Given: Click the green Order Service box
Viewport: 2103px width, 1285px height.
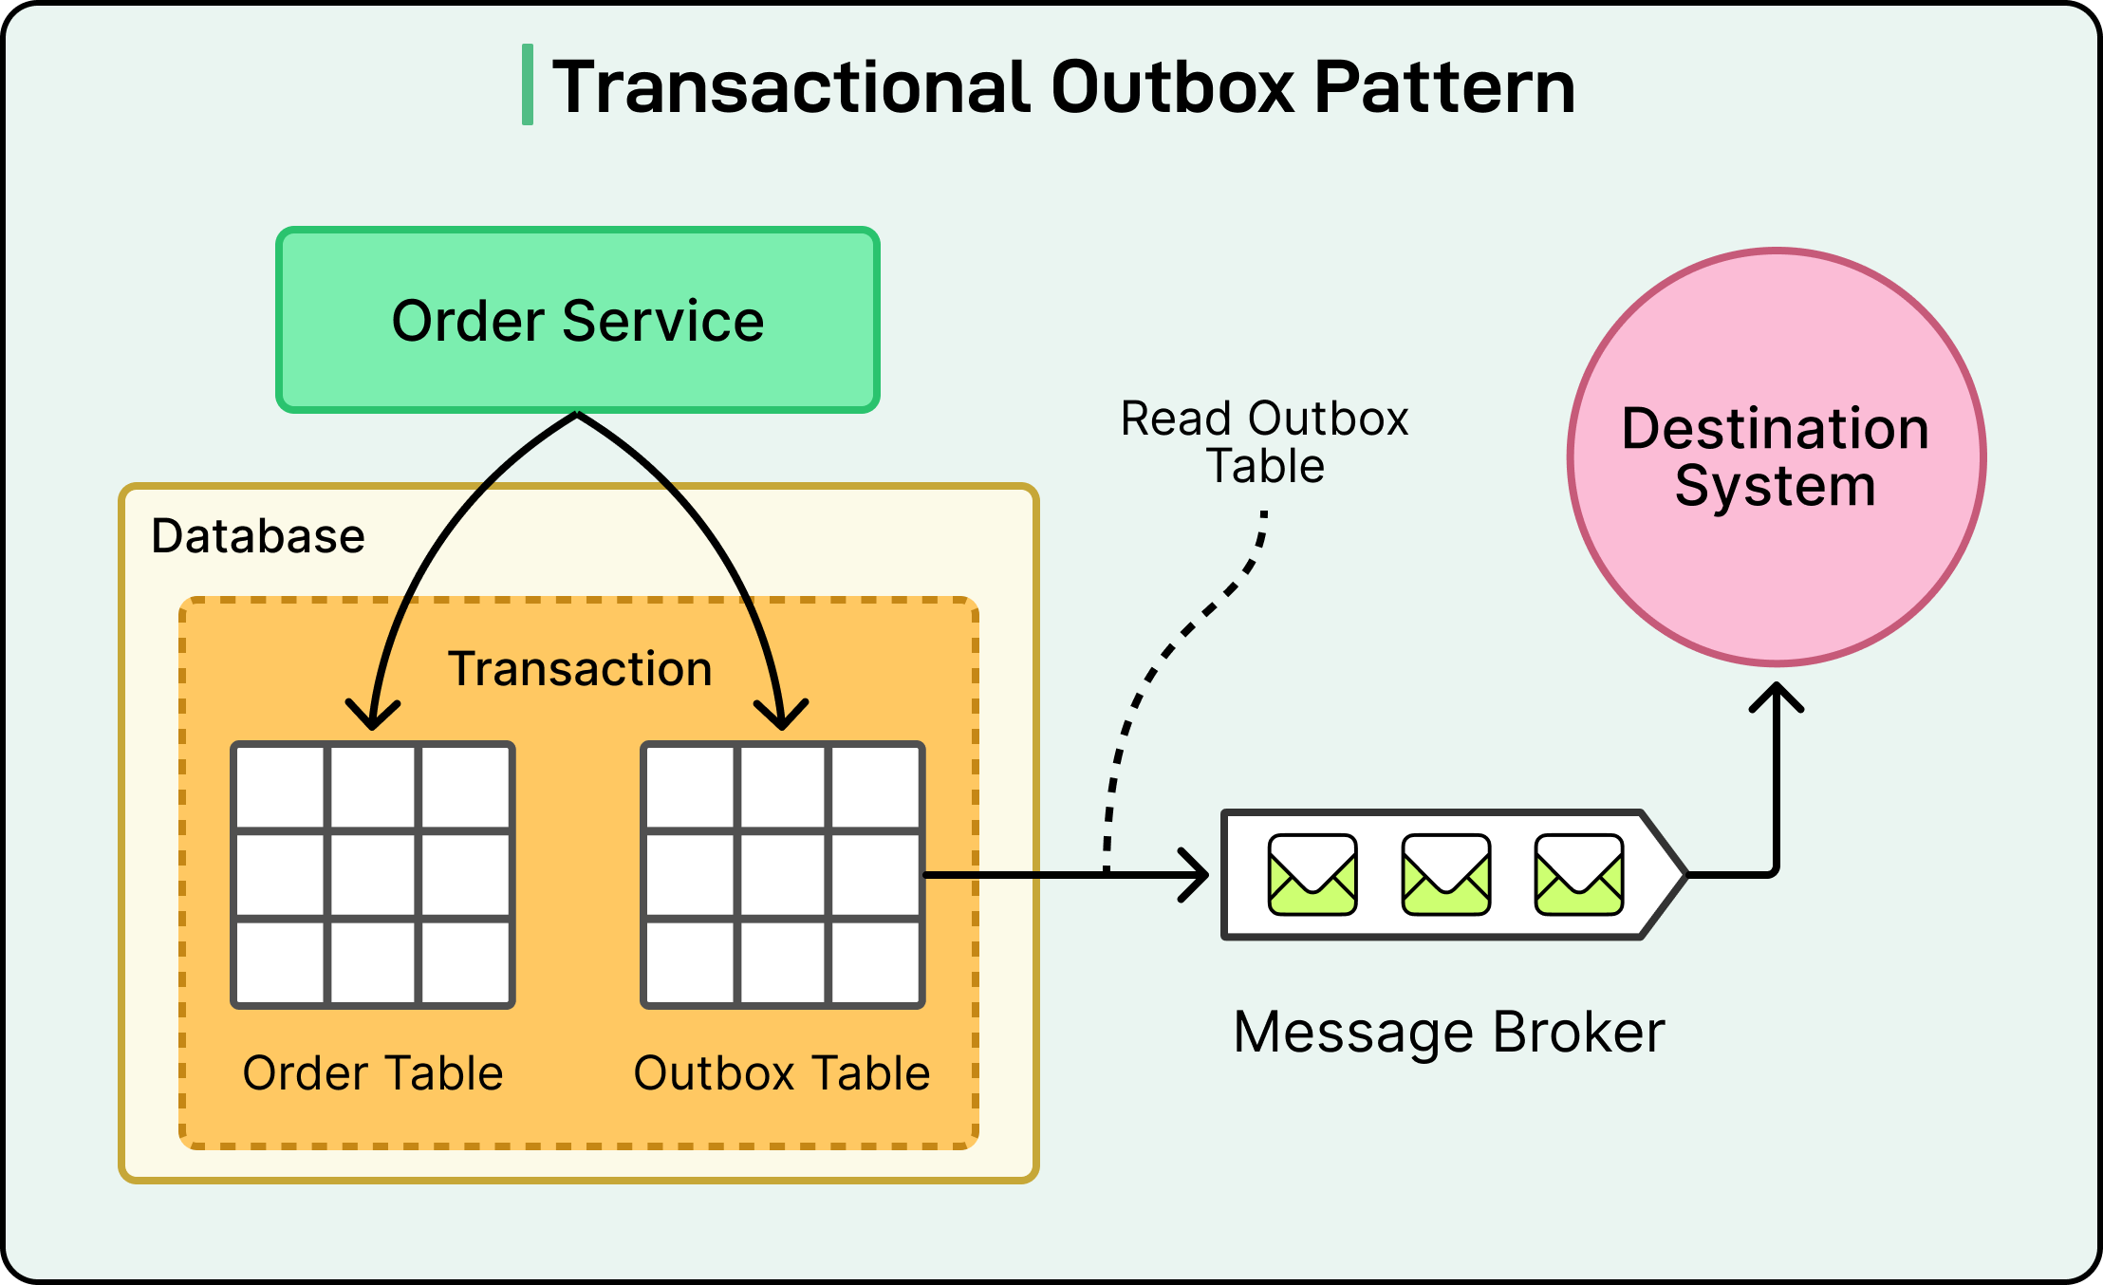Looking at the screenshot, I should tap(577, 320).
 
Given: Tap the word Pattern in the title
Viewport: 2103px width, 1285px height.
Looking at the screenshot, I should tap(1444, 87).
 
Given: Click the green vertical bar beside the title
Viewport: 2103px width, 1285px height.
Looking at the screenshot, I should tap(528, 84).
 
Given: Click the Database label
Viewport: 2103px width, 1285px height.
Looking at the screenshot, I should tap(257, 536).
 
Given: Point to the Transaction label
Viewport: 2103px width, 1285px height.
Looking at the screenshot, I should tap(579, 669).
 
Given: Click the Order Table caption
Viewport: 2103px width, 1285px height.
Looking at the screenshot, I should tap(372, 1073).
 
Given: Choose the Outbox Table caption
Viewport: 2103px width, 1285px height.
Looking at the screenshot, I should tap(781, 1073).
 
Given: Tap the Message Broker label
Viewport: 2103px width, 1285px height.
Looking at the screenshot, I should tap(1448, 1033).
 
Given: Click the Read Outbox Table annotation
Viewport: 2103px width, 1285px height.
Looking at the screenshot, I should tap(1264, 442).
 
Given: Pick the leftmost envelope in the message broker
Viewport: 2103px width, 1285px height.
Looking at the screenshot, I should tap(1312, 874).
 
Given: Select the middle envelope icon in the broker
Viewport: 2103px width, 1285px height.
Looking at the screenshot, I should tap(1445, 874).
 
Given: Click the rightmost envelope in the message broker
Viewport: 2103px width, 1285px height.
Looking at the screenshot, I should tap(1578, 874).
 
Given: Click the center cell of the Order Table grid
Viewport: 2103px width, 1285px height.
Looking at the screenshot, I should tap(372, 875).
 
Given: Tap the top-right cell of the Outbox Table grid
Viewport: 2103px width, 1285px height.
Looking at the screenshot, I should tap(875, 788).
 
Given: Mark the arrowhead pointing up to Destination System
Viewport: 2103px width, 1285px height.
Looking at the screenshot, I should tap(1776, 695).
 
